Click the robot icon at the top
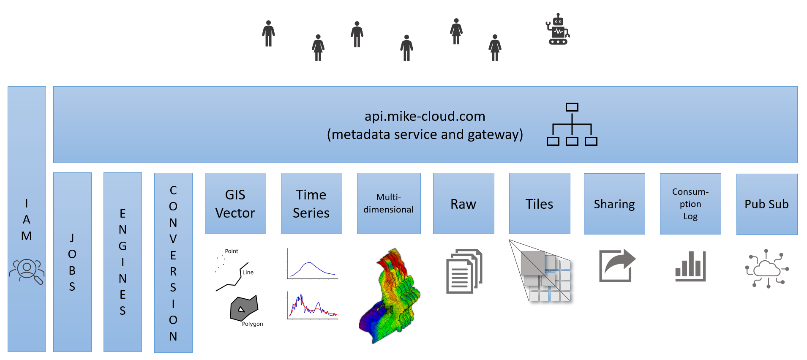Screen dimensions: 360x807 click(x=558, y=29)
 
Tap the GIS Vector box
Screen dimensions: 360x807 click(x=235, y=203)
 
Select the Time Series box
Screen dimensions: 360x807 click(x=311, y=203)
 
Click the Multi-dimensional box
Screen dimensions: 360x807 click(x=389, y=203)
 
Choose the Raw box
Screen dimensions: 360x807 click(x=463, y=203)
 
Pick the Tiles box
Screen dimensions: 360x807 click(x=540, y=203)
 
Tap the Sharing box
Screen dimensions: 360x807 click(x=614, y=204)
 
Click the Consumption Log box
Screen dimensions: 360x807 click(x=690, y=204)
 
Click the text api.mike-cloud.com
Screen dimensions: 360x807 click(x=425, y=116)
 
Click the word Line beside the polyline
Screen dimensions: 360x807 click(x=248, y=273)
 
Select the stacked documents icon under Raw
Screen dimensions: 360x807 click(x=464, y=271)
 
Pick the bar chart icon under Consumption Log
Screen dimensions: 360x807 click(x=690, y=266)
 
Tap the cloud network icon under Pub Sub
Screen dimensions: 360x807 click(x=767, y=269)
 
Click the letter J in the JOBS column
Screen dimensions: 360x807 click(x=72, y=237)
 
